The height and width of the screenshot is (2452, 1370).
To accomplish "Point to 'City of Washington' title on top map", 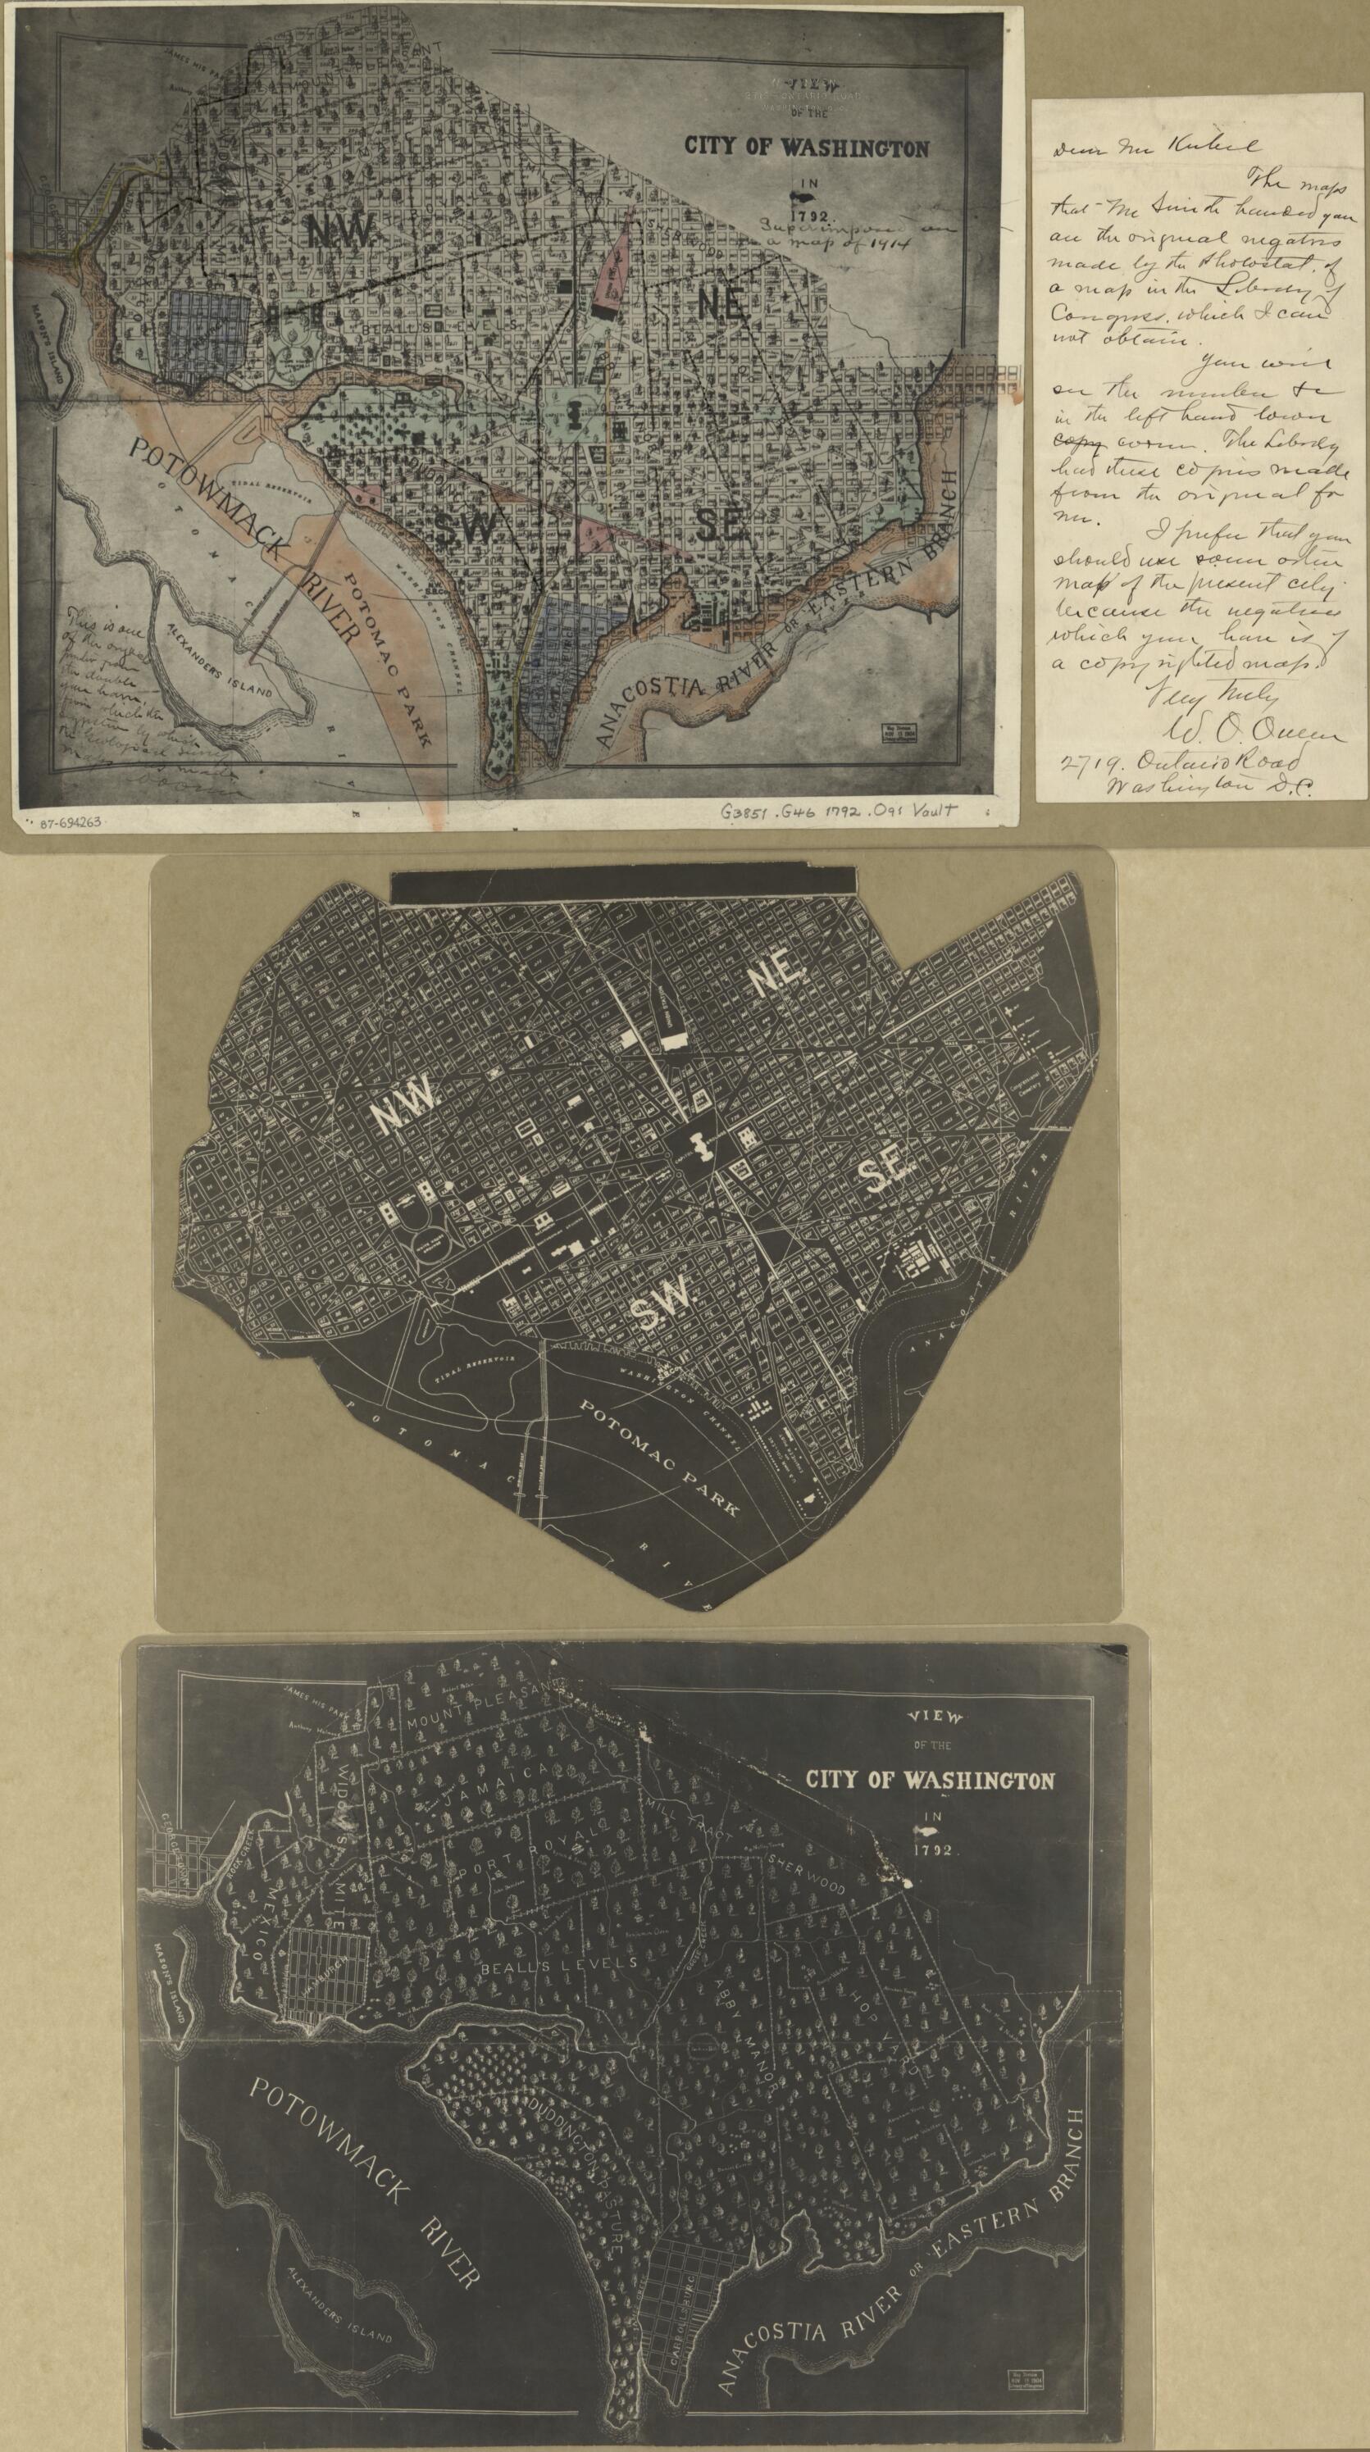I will click(805, 148).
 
